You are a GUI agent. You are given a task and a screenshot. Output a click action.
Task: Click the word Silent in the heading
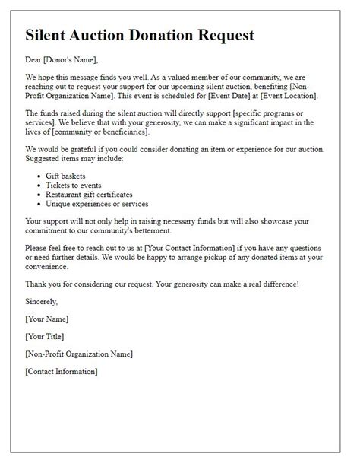[49, 35]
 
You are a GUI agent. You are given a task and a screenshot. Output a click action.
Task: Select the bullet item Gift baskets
[67, 175]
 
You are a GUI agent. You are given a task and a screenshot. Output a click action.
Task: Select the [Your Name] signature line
[47, 318]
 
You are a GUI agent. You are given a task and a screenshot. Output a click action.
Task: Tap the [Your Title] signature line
[46, 335]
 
